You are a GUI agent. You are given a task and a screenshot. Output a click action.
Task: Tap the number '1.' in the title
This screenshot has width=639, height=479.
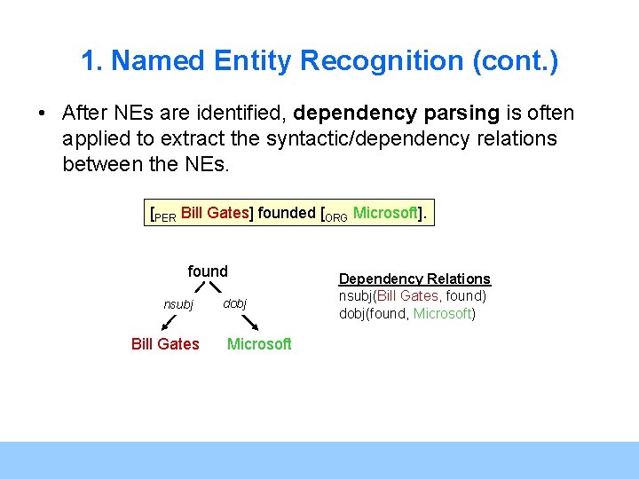click(92, 61)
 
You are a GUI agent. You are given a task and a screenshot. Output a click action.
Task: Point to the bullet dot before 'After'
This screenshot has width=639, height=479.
click(42, 114)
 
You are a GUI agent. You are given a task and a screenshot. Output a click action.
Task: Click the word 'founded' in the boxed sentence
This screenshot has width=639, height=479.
click(286, 213)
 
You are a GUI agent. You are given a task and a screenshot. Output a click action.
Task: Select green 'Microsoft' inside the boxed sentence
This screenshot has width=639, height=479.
click(385, 213)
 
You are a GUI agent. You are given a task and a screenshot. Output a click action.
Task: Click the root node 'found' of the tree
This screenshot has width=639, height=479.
click(208, 271)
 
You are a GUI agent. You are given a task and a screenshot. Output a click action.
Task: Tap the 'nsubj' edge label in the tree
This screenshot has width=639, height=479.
click(178, 304)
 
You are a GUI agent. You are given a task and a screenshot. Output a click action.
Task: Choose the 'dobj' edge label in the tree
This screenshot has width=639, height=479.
click(235, 303)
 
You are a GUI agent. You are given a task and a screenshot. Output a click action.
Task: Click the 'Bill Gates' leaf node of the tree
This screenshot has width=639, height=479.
click(165, 343)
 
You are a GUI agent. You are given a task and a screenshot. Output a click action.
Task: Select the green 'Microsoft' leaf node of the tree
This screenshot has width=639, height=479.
click(259, 343)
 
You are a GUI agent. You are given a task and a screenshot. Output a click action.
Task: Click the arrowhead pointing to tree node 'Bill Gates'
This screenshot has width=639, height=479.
click(165, 327)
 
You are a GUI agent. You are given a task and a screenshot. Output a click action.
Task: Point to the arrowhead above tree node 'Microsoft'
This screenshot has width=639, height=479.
click(256, 327)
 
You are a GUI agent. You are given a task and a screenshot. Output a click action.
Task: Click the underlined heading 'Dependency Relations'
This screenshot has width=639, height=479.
click(414, 279)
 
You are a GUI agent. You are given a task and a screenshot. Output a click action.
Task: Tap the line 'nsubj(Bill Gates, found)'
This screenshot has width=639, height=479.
click(413, 296)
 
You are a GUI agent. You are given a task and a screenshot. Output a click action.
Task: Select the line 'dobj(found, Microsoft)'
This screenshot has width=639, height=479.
click(407, 313)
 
